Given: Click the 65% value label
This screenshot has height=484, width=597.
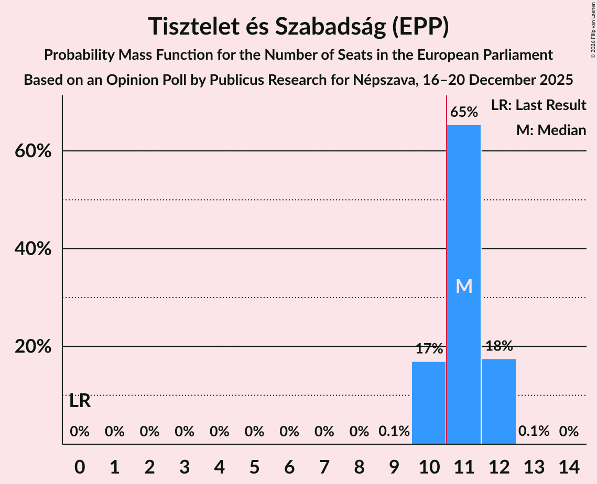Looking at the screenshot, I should tap(464, 112).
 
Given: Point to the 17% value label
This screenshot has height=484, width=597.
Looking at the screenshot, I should tap(429, 349).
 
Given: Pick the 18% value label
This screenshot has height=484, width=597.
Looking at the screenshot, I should tap(499, 346).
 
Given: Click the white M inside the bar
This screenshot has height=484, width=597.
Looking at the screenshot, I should tap(464, 286).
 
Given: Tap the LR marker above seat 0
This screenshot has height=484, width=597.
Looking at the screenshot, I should tap(80, 401).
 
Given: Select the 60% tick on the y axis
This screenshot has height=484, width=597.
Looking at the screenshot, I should tap(32, 151).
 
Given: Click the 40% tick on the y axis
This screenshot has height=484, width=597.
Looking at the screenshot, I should tap(32, 249).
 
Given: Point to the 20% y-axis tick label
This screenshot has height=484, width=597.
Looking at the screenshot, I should tap(32, 347).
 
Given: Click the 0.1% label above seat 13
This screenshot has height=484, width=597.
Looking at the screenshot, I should tap(534, 432).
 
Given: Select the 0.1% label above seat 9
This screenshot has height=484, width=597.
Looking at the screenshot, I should tap(394, 432).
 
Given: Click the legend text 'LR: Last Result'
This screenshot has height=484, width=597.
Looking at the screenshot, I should tap(538, 105).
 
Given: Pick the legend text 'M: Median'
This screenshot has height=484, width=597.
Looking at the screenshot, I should tap(551, 130).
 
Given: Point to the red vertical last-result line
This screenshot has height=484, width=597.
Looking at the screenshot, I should tap(446, 262).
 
